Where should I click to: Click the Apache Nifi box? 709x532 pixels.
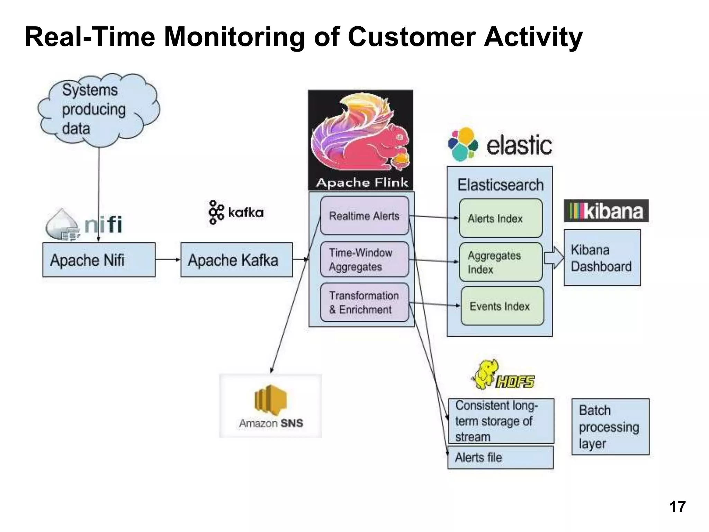[99, 260]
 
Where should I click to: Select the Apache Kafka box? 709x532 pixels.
[236, 260]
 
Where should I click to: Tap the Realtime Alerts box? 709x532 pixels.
[364, 216]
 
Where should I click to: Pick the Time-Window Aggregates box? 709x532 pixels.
[364, 259]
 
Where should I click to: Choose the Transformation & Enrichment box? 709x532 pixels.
[364, 302]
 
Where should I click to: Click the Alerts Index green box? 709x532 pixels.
[501, 218]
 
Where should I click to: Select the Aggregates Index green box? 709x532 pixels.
[501, 262]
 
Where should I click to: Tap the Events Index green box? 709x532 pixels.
[502, 306]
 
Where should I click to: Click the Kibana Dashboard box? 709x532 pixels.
[602, 258]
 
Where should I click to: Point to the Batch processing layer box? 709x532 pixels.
[610, 427]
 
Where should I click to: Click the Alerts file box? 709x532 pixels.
[501, 458]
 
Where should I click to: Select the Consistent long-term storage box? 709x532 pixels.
[501, 421]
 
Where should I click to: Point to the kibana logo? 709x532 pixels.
[606, 211]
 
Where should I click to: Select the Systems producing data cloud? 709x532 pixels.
[99, 109]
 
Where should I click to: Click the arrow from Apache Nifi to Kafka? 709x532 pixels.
[168, 259]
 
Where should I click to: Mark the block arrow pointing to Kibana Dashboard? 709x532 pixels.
[554, 258]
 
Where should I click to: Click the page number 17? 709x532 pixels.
[677, 507]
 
